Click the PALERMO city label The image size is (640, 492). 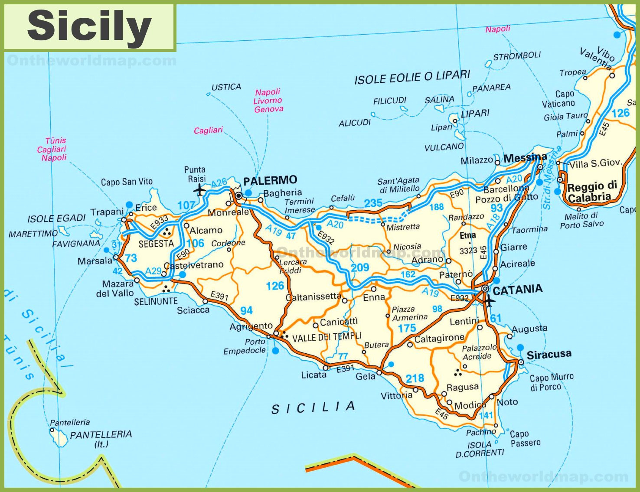click(x=270, y=180)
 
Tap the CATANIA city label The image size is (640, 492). click(x=518, y=290)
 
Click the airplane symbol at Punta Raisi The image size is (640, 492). click(x=199, y=190)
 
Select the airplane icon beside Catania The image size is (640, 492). click(x=489, y=300)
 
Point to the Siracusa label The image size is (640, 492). click(x=549, y=354)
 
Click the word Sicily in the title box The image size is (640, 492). click(x=89, y=26)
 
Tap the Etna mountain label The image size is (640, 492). click(x=468, y=235)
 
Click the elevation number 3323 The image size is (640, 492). click(x=468, y=251)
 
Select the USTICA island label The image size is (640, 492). click(x=226, y=87)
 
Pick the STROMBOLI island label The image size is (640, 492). click(x=517, y=56)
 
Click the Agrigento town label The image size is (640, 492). click(x=251, y=326)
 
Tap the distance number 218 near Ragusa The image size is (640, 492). click(x=415, y=378)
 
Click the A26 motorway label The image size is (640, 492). click(x=219, y=183)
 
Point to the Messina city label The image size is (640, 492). click(x=525, y=157)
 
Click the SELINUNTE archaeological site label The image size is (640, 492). click(x=156, y=301)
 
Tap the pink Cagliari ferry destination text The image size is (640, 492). click(x=208, y=130)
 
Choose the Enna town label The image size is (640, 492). click(x=374, y=297)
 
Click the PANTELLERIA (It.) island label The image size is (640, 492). click(x=101, y=439)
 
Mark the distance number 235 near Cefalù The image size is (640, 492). click(x=373, y=203)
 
